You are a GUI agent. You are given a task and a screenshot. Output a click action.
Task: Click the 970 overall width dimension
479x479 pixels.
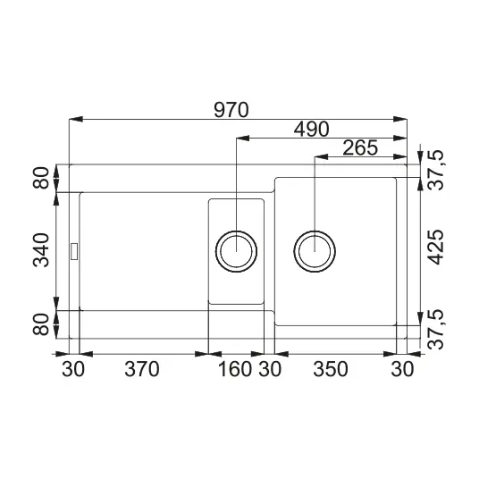pyautogui.click(x=231, y=110)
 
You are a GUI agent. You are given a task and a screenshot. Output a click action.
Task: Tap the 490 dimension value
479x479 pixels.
pyautogui.click(x=311, y=129)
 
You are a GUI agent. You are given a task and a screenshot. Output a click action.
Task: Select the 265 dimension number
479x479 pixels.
pyautogui.click(x=360, y=147)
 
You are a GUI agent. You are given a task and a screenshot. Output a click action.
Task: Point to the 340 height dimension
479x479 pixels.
pyautogui.click(x=41, y=250)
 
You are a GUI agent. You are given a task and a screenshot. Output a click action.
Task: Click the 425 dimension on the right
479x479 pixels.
pyautogui.click(x=434, y=247)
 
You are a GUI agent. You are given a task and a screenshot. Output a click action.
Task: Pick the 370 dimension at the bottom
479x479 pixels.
pyautogui.click(x=142, y=369)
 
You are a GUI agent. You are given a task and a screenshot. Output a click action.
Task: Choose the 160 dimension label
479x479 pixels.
pyautogui.click(x=235, y=369)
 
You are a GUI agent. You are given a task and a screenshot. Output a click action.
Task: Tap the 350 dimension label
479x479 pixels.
pyautogui.click(x=331, y=369)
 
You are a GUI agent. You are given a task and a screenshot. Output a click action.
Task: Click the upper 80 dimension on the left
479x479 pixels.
pyautogui.click(x=41, y=178)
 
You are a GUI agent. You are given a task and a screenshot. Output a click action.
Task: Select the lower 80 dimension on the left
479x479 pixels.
pyautogui.click(x=41, y=324)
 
